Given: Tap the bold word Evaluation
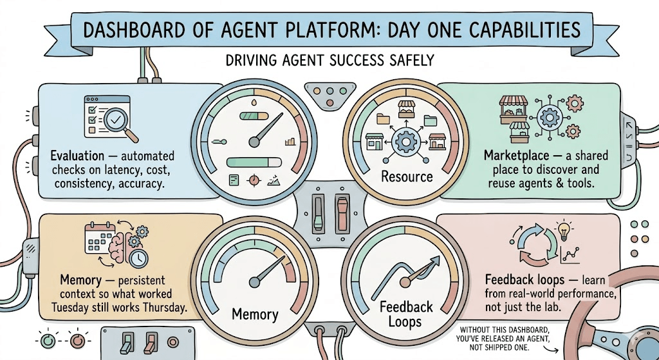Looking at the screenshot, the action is click(x=77, y=156).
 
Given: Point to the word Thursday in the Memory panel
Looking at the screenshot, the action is click(x=165, y=307).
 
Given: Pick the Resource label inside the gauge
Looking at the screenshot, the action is click(x=407, y=176).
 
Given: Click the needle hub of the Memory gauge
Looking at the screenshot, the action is click(x=254, y=282).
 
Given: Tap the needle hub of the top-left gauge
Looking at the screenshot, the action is click(x=254, y=142).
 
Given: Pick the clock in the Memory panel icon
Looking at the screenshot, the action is click(x=138, y=258).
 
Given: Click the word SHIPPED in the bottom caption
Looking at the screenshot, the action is click(x=501, y=348).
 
